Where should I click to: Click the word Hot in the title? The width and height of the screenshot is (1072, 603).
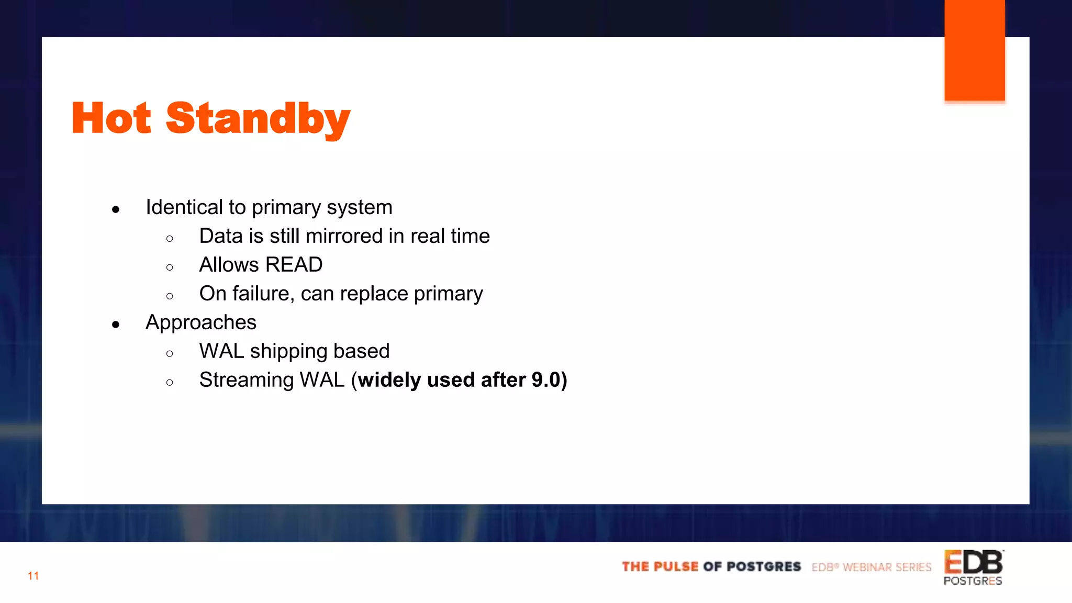111,118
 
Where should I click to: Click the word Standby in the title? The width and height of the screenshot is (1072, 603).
258,119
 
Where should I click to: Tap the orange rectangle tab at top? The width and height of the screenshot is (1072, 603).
974,51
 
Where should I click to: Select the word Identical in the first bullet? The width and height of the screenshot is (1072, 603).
184,207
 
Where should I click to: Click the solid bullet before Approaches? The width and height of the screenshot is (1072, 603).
116,325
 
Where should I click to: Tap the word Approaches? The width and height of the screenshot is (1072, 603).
201,322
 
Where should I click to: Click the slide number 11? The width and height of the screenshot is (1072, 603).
33,576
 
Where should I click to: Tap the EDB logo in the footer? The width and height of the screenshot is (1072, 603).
974,563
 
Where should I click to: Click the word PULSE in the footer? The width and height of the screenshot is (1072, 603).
676,567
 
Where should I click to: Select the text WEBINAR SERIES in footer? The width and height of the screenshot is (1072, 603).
887,567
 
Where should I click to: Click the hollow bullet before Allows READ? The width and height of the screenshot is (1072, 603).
170,267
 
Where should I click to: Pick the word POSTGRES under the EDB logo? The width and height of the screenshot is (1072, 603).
973,581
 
